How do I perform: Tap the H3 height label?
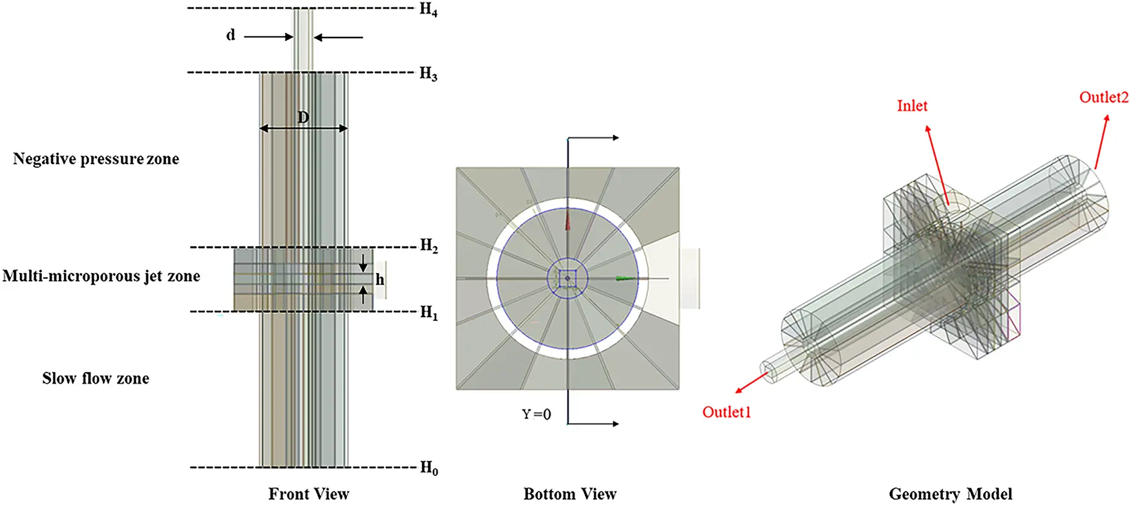pyautogui.click(x=428, y=74)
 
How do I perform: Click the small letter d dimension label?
pyautogui.click(x=231, y=35)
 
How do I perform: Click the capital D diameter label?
pyautogui.click(x=303, y=118)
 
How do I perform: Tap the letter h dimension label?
pyautogui.click(x=380, y=280)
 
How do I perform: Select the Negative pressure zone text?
pyautogui.click(x=96, y=159)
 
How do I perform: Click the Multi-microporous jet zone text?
pyautogui.click(x=101, y=276)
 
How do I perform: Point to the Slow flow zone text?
pyautogui.click(x=96, y=378)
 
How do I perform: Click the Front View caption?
pyautogui.click(x=309, y=494)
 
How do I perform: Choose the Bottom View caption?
pyautogui.click(x=570, y=494)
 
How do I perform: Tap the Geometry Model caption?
pyautogui.click(x=951, y=494)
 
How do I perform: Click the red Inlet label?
pyautogui.click(x=912, y=106)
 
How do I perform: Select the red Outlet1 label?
pyautogui.click(x=726, y=412)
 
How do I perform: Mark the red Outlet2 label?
pyautogui.click(x=1104, y=98)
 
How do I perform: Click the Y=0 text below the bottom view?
pyautogui.click(x=536, y=414)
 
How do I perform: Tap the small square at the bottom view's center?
pyautogui.click(x=567, y=278)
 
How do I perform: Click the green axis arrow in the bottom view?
pyautogui.click(x=624, y=278)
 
